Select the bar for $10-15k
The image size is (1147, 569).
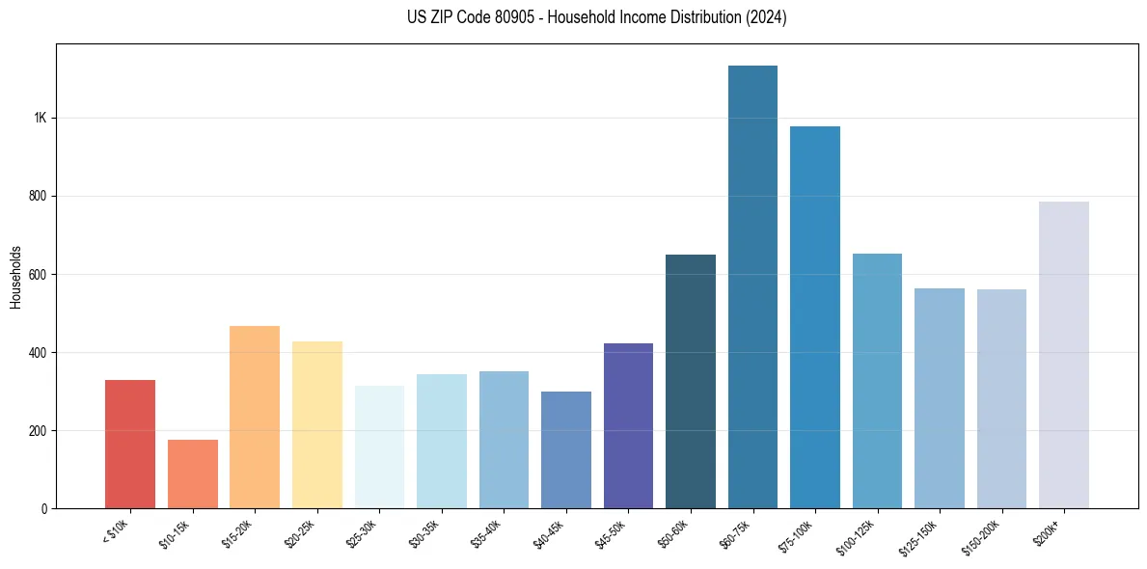(x=193, y=474)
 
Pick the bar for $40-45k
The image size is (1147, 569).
(x=566, y=449)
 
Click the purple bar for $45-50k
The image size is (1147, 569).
(x=628, y=425)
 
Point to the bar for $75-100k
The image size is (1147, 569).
(x=815, y=317)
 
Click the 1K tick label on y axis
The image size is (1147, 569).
(x=40, y=118)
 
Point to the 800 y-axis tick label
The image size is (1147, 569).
(x=38, y=196)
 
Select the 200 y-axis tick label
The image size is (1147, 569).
(x=38, y=430)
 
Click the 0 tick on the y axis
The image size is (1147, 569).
(x=43, y=508)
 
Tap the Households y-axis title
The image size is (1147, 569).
(x=15, y=276)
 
